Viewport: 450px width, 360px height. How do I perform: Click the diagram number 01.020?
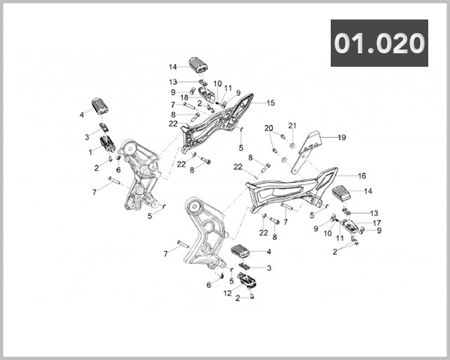[x=379, y=43]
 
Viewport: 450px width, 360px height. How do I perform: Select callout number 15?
[x=271, y=103]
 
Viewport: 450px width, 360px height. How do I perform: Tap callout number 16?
[x=362, y=175]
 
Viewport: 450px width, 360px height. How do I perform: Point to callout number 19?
[x=342, y=137]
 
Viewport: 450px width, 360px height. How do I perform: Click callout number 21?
[x=292, y=125]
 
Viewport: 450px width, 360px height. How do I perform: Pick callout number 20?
[x=268, y=128]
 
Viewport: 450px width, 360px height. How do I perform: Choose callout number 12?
[x=227, y=293]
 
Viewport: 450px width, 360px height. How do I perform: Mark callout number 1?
[x=91, y=152]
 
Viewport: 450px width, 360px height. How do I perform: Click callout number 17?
[x=376, y=223]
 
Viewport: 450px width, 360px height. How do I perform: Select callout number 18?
[x=184, y=97]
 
